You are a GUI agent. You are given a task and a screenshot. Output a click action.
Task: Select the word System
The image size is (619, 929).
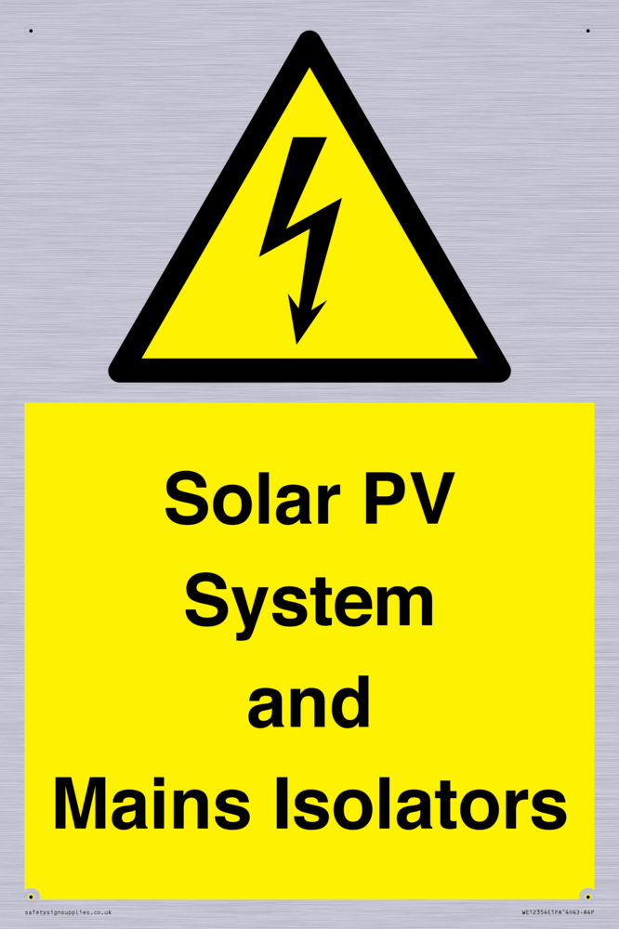(x=309, y=605)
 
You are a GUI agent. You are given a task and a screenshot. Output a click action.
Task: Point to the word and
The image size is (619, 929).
(x=309, y=702)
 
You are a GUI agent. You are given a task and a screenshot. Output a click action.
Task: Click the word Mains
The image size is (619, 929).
(x=151, y=804)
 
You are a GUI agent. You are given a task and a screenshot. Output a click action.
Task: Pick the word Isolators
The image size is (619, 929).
(x=420, y=804)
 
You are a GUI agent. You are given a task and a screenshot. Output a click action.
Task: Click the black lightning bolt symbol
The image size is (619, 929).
(x=300, y=240)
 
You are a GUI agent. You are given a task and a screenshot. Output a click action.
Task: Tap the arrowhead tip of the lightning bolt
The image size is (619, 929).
(x=296, y=344)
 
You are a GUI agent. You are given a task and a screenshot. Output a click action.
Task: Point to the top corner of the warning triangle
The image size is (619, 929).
(x=309, y=33)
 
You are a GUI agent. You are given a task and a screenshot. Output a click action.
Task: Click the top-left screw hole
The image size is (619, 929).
(x=32, y=31)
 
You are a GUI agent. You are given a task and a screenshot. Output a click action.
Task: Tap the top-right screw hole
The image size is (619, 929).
(x=587, y=31)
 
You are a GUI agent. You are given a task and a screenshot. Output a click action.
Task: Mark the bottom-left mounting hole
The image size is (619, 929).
(x=31, y=897)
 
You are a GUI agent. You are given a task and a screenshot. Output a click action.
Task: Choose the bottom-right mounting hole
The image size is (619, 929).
(x=587, y=897)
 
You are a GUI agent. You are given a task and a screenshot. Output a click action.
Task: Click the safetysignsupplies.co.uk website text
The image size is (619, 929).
(x=68, y=912)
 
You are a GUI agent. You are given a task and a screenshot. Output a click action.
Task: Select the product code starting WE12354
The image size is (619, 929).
(x=558, y=912)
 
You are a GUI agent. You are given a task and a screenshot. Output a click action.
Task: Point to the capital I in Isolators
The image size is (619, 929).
(x=281, y=804)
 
